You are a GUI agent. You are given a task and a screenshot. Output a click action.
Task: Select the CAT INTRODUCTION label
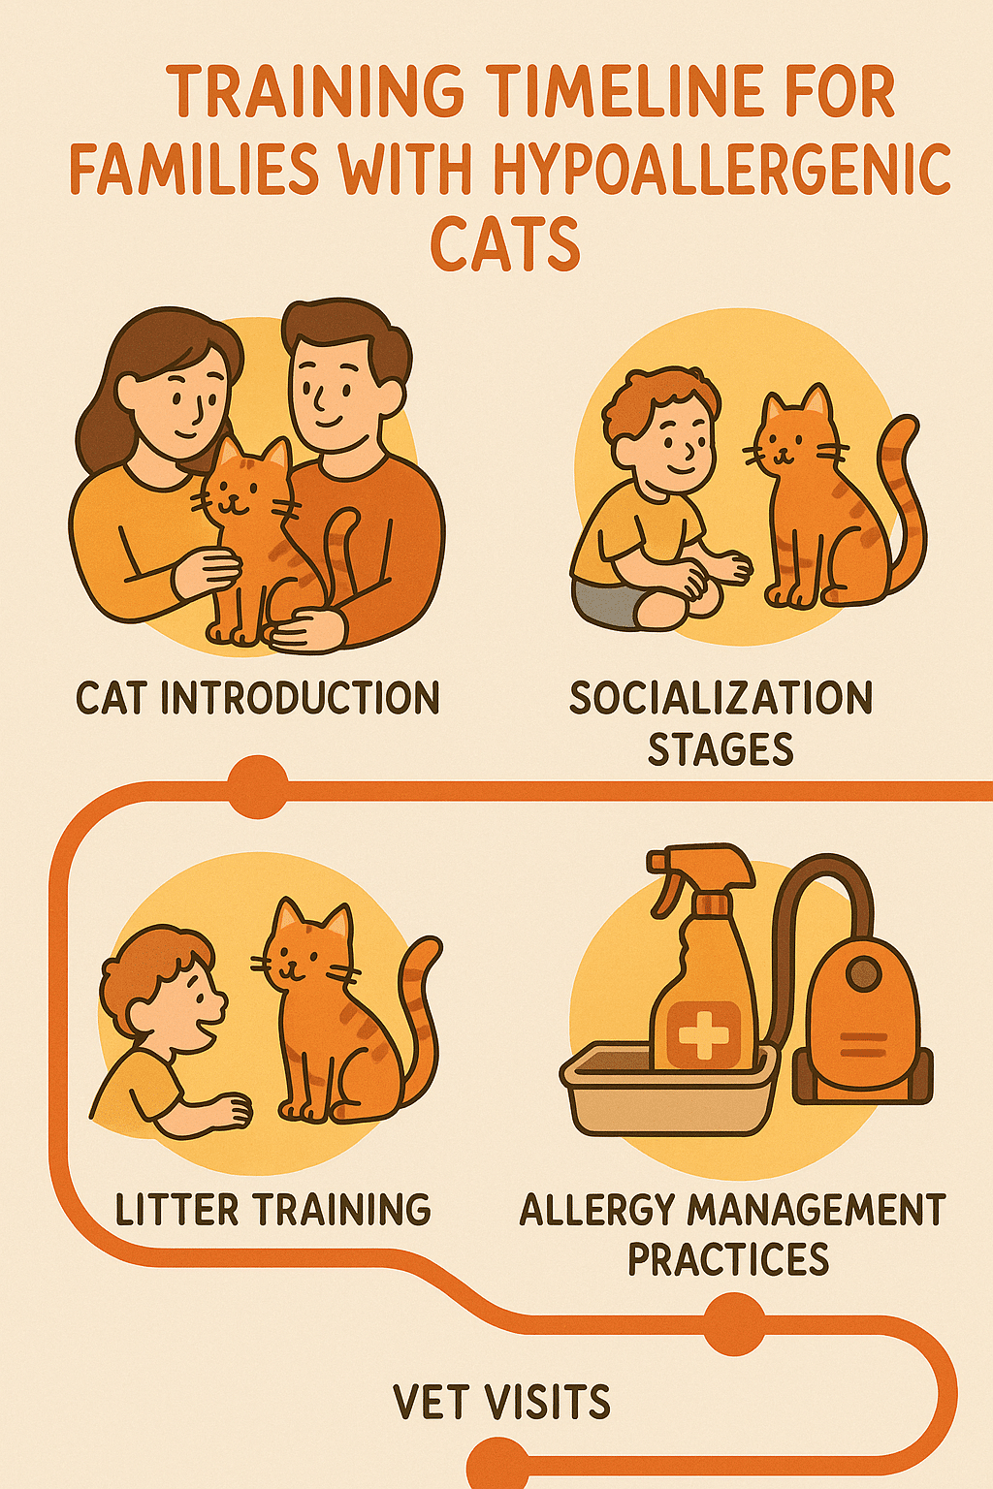[x=257, y=697]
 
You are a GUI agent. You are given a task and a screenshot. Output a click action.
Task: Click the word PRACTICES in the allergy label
[x=728, y=1258]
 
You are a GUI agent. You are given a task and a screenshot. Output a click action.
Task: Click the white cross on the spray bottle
[x=703, y=1034]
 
